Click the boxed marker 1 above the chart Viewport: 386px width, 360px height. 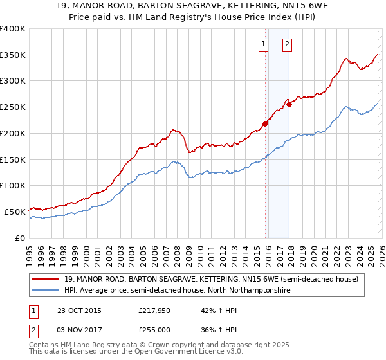264,44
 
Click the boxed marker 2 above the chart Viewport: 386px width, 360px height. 287,44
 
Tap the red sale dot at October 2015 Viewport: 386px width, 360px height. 265,124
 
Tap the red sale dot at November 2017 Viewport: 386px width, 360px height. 289,104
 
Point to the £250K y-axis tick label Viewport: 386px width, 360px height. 12,107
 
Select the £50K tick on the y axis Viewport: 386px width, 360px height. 14,212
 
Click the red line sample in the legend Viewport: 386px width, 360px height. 46,279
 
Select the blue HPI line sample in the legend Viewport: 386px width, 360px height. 46,291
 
